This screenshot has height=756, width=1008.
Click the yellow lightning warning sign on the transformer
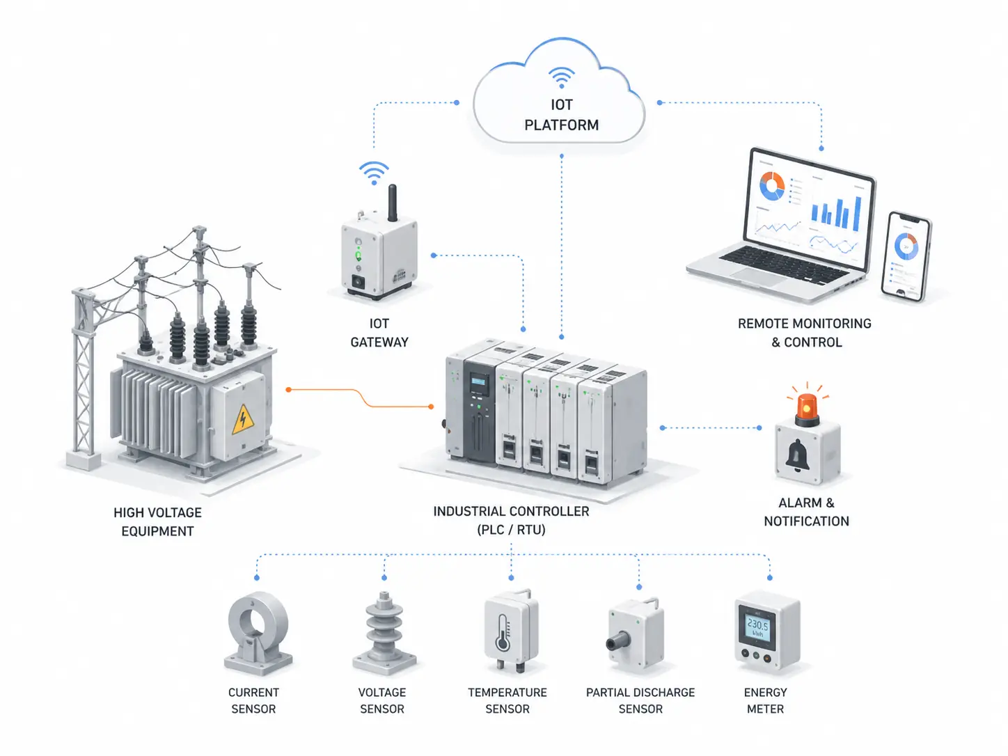(x=242, y=418)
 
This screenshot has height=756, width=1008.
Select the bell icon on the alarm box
(x=797, y=455)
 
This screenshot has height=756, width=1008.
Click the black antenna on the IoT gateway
(x=393, y=203)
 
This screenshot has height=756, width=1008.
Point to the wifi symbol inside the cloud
(x=561, y=77)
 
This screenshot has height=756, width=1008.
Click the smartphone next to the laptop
(x=906, y=256)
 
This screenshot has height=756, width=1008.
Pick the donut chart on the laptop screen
(x=772, y=186)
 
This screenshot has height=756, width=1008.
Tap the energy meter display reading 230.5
(x=757, y=627)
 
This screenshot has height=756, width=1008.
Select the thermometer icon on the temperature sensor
(x=503, y=634)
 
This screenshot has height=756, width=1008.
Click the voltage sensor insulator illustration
(x=384, y=633)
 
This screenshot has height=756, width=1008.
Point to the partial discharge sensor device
(x=636, y=634)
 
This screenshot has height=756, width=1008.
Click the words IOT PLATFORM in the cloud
(x=561, y=115)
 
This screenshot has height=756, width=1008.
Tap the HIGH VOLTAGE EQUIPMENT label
(x=157, y=522)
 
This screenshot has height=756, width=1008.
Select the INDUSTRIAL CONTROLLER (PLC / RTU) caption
(x=511, y=520)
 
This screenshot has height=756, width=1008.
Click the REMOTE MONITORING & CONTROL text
(x=805, y=333)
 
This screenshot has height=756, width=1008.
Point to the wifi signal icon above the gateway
(x=374, y=172)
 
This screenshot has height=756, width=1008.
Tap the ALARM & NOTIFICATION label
(x=806, y=512)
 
